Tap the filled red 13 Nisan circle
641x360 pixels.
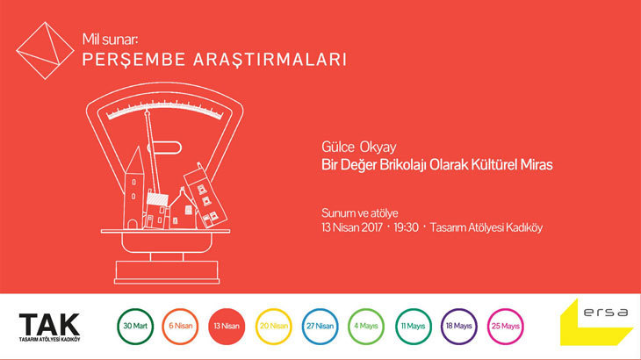227,326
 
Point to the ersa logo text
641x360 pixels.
606,313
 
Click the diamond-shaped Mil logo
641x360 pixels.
46,51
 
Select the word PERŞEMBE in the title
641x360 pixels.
134,60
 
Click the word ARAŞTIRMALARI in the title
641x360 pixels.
270,60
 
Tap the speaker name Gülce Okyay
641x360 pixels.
359,148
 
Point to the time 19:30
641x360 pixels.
406,227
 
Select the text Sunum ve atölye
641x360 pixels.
360,212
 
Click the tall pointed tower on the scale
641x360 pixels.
133,188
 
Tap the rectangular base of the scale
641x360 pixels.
167,272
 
